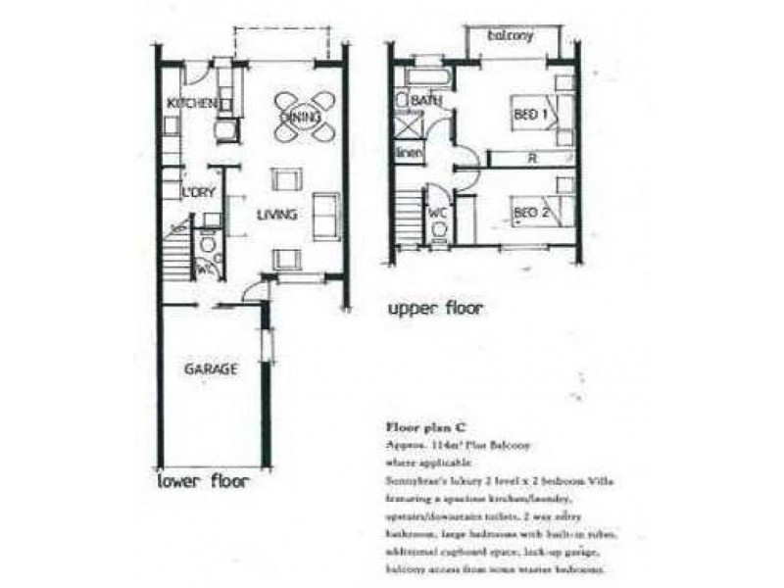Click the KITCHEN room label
pos(190,104)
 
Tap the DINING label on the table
pos(301,118)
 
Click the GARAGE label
pos(211,369)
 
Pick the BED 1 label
pos(530,116)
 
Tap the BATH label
pos(425,101)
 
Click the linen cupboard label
pos(407,154)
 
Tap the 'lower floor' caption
pos(205,482)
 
